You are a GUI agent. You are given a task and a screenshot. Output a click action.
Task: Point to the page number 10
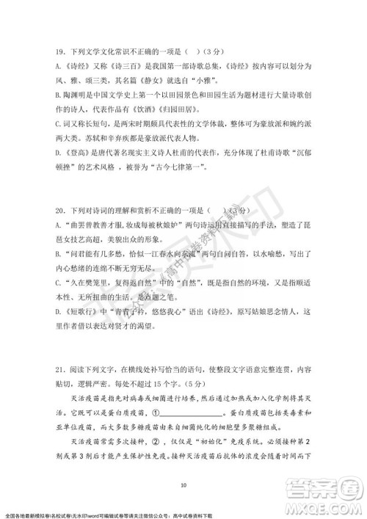tap(183, 484)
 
